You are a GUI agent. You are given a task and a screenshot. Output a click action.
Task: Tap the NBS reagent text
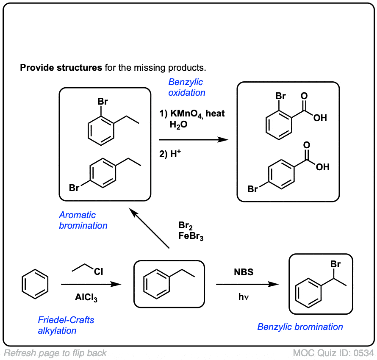coord(244,272)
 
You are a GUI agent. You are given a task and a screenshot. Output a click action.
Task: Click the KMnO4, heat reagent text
coord(191,114)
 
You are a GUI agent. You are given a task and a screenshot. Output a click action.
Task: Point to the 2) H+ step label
coord(170,155)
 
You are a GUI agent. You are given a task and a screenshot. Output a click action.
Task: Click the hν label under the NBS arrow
coord(243,297)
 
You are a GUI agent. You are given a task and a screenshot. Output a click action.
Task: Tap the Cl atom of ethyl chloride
coord(98,272)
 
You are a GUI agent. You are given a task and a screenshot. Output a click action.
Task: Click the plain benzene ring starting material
coord(35,284)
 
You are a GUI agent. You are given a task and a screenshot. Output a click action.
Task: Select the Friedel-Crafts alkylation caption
coord(66,325)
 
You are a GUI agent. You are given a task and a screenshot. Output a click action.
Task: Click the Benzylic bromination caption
coord(300,327)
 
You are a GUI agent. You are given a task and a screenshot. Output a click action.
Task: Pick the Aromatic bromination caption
coord(83,220)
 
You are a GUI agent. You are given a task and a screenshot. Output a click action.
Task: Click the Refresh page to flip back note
coord(55,353)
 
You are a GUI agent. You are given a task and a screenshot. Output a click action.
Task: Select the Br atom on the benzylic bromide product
coord(335,264)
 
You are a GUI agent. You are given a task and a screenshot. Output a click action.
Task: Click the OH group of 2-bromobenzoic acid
coord(320,118)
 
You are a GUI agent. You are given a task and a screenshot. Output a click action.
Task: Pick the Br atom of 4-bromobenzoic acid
coord(253,189)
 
